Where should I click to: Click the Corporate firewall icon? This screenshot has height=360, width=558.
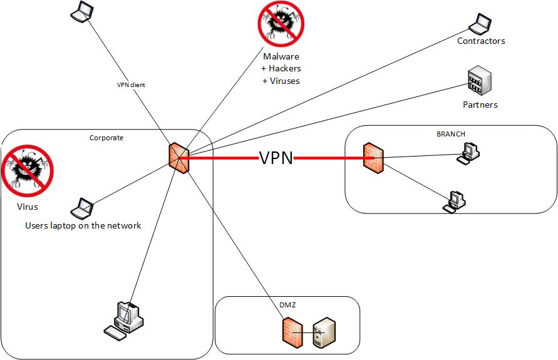(178, 157)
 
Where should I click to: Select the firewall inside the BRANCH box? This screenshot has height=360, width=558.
(373, 158)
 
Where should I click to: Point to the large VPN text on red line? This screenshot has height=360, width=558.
(276, 158)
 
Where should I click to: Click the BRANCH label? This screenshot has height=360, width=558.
(450, 134)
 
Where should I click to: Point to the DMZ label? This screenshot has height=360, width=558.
(287, 305)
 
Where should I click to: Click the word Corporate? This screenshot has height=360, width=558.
(106, 137)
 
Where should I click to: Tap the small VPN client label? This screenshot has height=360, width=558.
(131, 85)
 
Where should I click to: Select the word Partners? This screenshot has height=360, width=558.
(480, 105)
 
